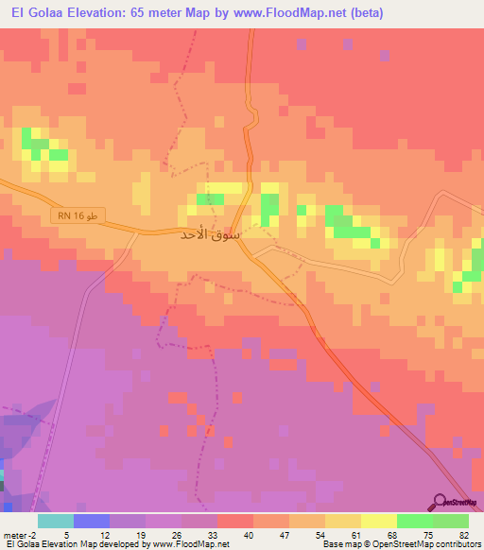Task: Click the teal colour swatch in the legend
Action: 55,522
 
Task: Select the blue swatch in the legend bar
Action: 91,522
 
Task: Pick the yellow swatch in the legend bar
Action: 378,522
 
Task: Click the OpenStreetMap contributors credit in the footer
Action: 431,544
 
